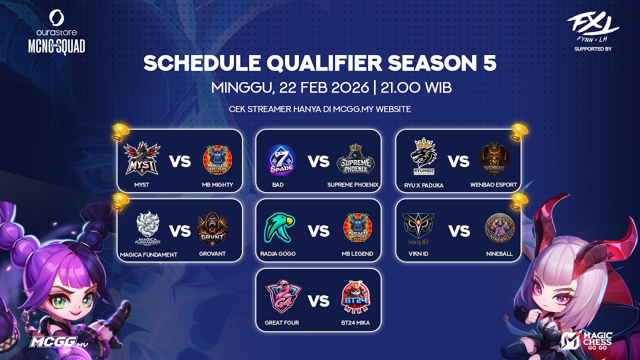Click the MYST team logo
coord(142,159)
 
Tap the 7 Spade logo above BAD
coord(280,161)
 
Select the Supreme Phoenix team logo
coord(355,159)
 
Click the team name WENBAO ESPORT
coord(493,185)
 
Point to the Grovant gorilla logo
coord(212,229)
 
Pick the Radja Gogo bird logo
coord(280,228)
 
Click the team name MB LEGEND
coord(357,254)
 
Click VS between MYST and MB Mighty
coord(180,161)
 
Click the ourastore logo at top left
coord(56,24)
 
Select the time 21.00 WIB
coord(416,88)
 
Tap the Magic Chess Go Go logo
coord(593,340)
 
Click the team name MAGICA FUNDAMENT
coord(148,254)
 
